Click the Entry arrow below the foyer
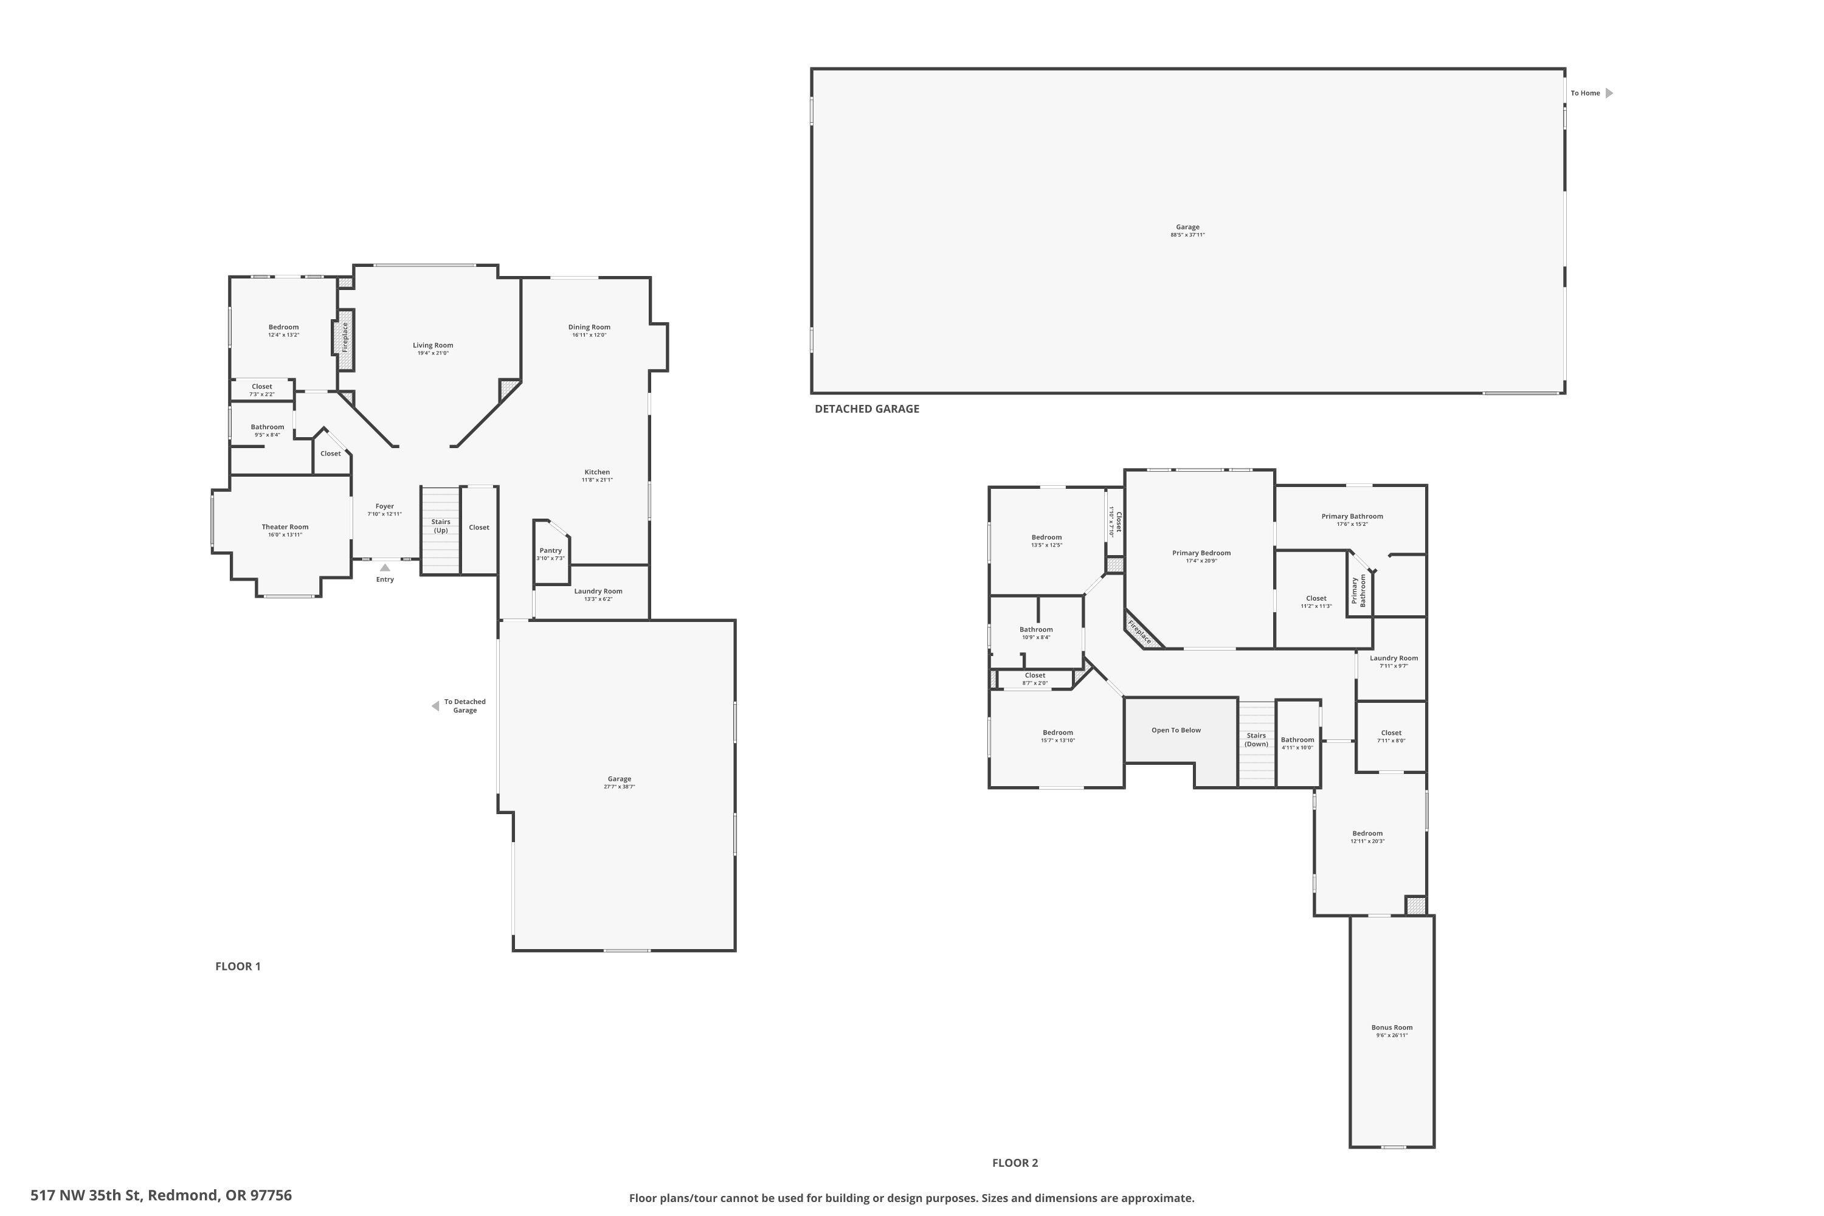coord(385,568)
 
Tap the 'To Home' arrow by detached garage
coord(1609,93)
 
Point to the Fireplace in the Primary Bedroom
coord(1141,631)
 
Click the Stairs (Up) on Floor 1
coord(440,526)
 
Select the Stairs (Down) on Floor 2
coord(1256,740)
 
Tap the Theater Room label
coord(285,527)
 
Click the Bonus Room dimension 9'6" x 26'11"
coord(1391,1035)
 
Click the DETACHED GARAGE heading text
coord(866,409)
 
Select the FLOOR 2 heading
coord(1014,1162)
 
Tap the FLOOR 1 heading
coord(237,966)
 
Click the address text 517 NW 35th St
coord(161,1195)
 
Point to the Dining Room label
coord(589,327)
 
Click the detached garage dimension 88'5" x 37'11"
coord(1187,235)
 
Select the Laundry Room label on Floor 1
coord(598,591)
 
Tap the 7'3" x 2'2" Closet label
coord(261,395)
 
